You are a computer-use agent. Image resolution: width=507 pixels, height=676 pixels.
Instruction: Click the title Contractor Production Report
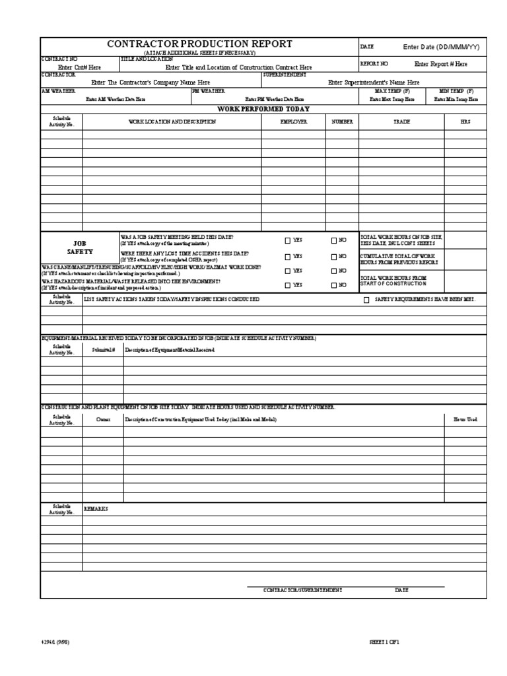(199, 44)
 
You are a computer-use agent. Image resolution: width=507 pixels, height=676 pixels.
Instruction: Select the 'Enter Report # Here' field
(440, 64)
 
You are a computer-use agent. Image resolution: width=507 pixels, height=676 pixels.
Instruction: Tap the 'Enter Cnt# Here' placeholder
(79, 67)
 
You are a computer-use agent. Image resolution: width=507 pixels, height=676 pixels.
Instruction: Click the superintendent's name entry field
(374, 83)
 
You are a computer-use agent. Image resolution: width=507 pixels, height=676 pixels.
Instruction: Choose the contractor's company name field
(151, 83)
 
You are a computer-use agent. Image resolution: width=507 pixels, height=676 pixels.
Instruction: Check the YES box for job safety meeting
(288, 241)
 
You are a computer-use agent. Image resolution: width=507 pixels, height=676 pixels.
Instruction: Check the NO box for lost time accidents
(334, 256)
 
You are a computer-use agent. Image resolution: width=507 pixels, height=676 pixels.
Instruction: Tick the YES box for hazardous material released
(288, 285)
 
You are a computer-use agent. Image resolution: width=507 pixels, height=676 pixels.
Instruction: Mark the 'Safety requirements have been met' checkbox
(366, 300)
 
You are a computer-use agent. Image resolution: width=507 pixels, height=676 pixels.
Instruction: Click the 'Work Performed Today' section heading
(263, 109)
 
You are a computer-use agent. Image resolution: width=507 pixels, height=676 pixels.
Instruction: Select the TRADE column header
(401, 122)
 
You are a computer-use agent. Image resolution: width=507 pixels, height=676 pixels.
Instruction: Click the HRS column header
(465, 122)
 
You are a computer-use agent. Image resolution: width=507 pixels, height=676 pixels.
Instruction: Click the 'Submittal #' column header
(103, 349)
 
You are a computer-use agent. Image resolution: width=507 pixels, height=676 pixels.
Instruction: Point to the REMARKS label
(96, 509)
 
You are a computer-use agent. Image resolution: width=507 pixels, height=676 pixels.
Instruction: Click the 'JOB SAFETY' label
(80, 248)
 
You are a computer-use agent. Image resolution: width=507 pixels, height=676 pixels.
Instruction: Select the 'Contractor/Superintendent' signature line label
(302, 590)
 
